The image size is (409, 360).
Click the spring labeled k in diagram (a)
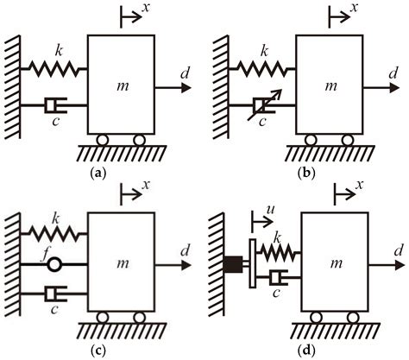[x=57, y=68]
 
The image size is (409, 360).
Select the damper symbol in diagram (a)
[x=54, y=106]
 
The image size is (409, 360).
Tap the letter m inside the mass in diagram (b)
[x=329, y=86]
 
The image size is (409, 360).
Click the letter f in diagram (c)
[x=52, y=251]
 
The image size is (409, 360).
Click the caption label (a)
[x=98, y=173]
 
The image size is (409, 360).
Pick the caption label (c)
[x=97, y=351]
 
